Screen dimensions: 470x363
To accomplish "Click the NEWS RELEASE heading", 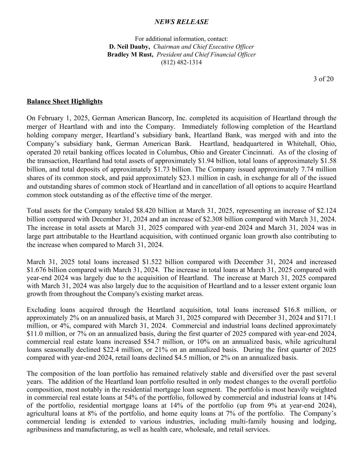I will click(x=181, y=22).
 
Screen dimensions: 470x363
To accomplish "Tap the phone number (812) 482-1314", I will click(x=181, y=63).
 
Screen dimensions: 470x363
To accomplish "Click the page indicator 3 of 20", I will click(x=323, y=79).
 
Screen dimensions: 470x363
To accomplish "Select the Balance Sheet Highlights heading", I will click(x=65, y=102).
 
